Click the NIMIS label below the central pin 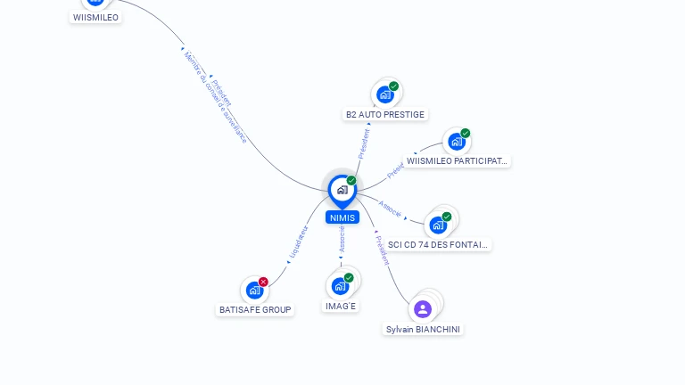coord(342,217)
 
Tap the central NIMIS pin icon coord(342,190)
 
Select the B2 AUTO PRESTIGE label coord(385,114)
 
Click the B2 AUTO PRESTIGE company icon coord(384,94)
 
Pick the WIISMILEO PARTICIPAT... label coord(457,161)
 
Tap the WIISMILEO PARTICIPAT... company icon coord(456,142)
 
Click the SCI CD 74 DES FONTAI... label coord(438,244)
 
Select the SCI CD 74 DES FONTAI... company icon coord(437,225)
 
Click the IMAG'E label coord(341,306)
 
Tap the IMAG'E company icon coord(339,286)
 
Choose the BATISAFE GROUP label coord(255,309)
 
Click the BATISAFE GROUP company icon coord(254,290)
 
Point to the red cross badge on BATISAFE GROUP coord(263,282)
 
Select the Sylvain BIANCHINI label coord(424,329)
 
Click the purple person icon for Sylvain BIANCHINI coord(423,309)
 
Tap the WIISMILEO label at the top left coord(95,17)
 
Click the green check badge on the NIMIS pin coord(351,180)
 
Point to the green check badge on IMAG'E coord(349,277)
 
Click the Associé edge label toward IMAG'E coord(342,239)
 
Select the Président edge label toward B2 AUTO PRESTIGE coord(364,143)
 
